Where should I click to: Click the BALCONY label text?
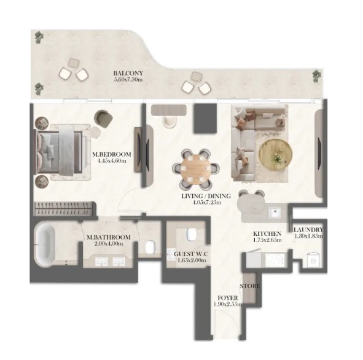pos(128,73)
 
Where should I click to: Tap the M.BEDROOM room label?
pos(112,154)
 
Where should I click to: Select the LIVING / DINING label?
pos(206,196)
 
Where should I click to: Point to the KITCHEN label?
pos(267,233)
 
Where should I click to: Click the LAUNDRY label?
pos(308,230)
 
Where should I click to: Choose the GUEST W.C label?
pos(191,254)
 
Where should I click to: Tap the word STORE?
pos(250,286)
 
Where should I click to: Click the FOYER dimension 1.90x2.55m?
pos(228,304)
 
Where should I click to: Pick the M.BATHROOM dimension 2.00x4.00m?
pos(108,244)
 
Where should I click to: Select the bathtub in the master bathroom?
pos(45,244)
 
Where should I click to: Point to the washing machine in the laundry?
pos(313,260)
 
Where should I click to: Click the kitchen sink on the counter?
pos(275,211)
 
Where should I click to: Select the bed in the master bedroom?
pos(59,152)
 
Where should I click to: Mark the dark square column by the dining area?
pos(205,119)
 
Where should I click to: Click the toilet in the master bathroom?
pos(150,247)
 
